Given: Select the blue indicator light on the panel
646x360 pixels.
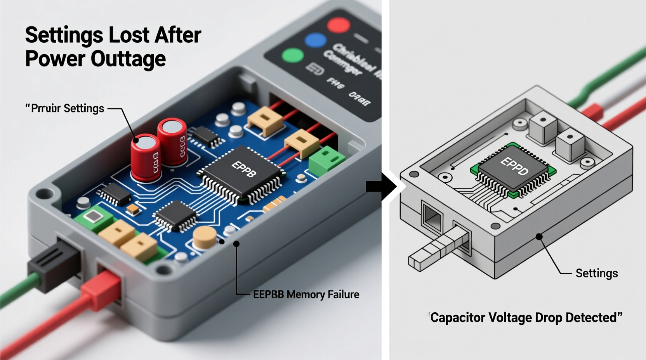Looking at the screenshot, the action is (315, 41).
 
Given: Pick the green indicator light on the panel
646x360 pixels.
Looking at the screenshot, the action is (292, 55).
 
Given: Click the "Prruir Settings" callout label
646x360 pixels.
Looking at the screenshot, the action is (65, 108).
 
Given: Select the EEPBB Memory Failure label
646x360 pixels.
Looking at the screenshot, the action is (306, 294).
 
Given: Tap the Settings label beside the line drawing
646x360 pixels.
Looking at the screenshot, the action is (596, 273).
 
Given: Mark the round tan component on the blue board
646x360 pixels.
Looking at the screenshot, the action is (204, 237).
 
